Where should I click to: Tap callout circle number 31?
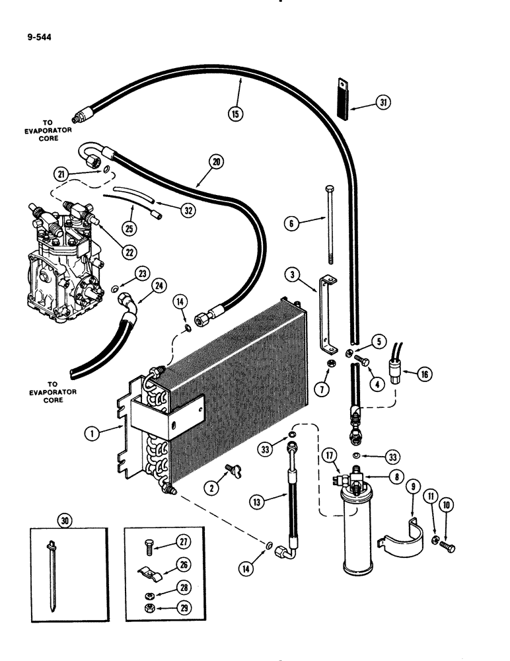tap(383, 102)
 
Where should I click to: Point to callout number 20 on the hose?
tap(215, 161)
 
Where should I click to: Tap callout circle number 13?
tap(260, 502)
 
